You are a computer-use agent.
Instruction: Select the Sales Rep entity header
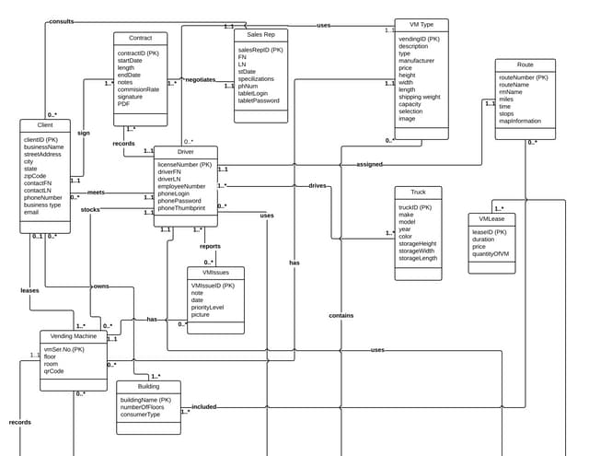[260, 34]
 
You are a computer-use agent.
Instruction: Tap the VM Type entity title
[422, 25]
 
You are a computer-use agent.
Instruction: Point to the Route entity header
[525, 64]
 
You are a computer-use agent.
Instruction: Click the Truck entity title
[418, 193]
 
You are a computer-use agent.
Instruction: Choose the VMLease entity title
[491, 219]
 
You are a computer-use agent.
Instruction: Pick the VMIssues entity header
[216, 273]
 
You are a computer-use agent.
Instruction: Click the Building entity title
[148, 386]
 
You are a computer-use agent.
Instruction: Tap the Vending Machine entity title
[73, 336]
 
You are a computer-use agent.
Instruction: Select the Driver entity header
[185, 152]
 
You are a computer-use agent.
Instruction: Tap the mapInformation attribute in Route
[520, 121]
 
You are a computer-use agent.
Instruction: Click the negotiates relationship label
[200, 80]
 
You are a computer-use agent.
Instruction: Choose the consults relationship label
[62, 20]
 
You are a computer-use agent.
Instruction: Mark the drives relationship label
[318, 185]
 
